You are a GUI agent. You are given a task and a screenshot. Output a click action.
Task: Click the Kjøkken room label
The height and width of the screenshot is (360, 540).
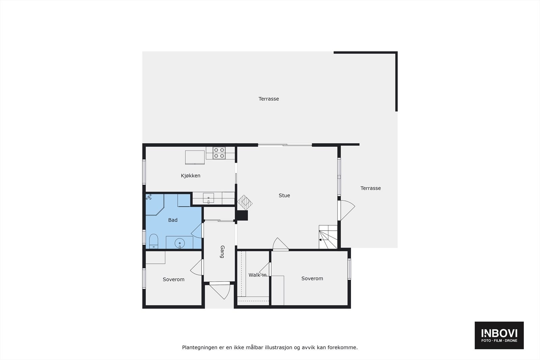point(190,176)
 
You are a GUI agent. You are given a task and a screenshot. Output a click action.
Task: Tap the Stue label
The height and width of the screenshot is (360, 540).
point(284,195)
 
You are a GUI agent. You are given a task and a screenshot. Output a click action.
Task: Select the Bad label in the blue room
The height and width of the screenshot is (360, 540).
point(173,220)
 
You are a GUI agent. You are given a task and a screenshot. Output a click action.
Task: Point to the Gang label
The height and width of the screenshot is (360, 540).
point(222,252)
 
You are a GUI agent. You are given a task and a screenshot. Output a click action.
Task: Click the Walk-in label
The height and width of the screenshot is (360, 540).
point(258,275)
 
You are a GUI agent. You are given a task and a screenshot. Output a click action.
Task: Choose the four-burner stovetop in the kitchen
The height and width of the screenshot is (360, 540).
point(219,153)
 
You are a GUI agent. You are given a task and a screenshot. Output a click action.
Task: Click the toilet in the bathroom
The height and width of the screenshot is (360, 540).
point(154,240)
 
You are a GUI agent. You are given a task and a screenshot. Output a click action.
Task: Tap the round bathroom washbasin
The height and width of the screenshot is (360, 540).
point(180,243)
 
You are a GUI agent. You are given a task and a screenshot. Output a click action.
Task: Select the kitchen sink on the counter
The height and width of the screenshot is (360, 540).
point(208,198)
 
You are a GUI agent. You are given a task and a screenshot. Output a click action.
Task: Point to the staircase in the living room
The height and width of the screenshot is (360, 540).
point(328,237)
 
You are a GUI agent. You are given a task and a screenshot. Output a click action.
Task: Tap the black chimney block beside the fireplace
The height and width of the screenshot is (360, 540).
point(242,216)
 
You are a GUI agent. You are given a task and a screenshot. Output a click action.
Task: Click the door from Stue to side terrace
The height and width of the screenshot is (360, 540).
point(346,211)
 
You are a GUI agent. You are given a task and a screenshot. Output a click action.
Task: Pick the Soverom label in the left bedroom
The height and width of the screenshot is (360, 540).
point(173,279)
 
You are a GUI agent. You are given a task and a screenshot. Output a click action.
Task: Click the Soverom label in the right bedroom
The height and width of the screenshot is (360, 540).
point(312,278)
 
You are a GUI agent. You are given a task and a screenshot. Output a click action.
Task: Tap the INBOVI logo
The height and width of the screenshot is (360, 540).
point(499,335)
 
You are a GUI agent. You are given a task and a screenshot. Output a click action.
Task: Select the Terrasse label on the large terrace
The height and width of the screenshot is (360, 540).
point(269,99)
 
